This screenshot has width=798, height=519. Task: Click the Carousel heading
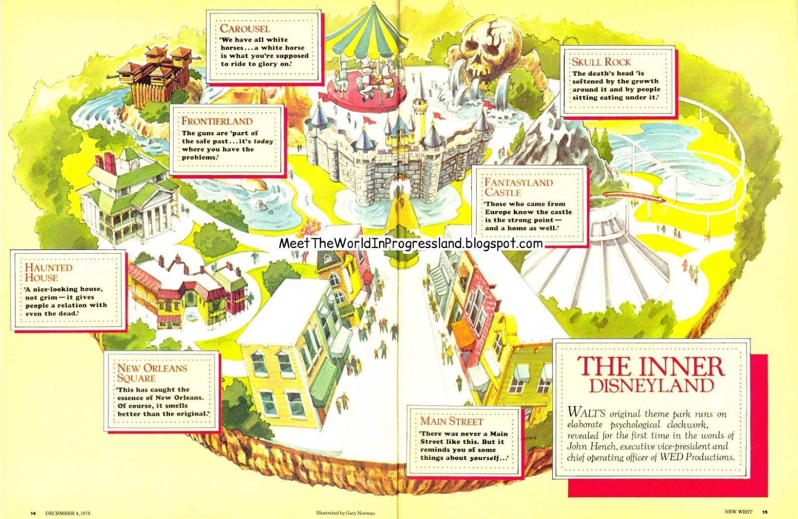coord(245,28)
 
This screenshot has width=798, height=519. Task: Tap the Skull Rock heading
coord(601,62)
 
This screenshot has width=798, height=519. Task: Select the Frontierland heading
coord(217,121)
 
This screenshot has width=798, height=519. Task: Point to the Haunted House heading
coord(48,272)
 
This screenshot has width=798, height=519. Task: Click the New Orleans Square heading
coord(152,373)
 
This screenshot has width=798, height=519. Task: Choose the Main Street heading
coord(451,421)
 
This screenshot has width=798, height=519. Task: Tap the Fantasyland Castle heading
coord(519,187)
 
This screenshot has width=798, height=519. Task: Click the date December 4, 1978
coord(67,513)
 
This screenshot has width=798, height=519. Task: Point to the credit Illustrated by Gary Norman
coord(345,513)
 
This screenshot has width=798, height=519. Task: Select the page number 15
coord(765,512)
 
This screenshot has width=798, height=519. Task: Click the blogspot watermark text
coord(410,244)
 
